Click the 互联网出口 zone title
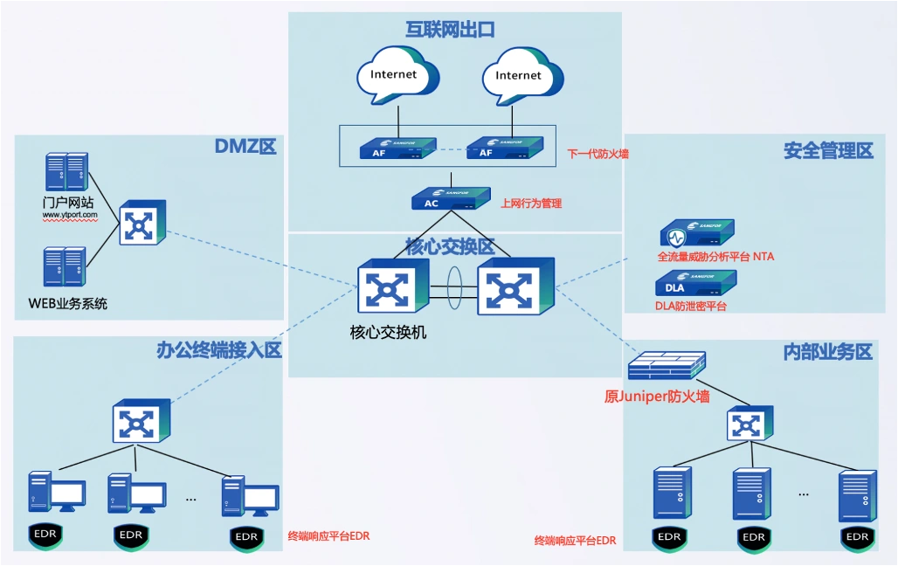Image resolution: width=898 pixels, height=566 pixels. (x=451, y=30)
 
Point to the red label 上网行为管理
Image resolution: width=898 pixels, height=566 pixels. (x=531, y=204)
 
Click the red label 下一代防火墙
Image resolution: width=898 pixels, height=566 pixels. (x=598, y=154)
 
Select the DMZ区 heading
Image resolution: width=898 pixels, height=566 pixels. (x=245, y=147)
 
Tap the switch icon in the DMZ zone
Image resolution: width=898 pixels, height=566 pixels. (x=141, y=223)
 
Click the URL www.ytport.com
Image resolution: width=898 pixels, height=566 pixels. (x=70, y=214)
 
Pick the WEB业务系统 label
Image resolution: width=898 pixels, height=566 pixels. (x=67, y=304)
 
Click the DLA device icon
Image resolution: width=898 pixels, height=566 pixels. (x=695, y=284)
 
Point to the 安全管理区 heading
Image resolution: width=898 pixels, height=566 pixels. (x=828, y=151)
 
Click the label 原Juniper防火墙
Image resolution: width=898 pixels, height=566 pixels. (x=657, y=397)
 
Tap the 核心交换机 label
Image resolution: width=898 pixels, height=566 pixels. (x=388, y=332)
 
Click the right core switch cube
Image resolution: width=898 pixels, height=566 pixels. (x=515, y=286)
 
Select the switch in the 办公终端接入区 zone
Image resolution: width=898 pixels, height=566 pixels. (x=141, y=422)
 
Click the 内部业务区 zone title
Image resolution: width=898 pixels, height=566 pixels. (x=828, y=352)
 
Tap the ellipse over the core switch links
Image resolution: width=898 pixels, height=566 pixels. (x=454, y=284)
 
